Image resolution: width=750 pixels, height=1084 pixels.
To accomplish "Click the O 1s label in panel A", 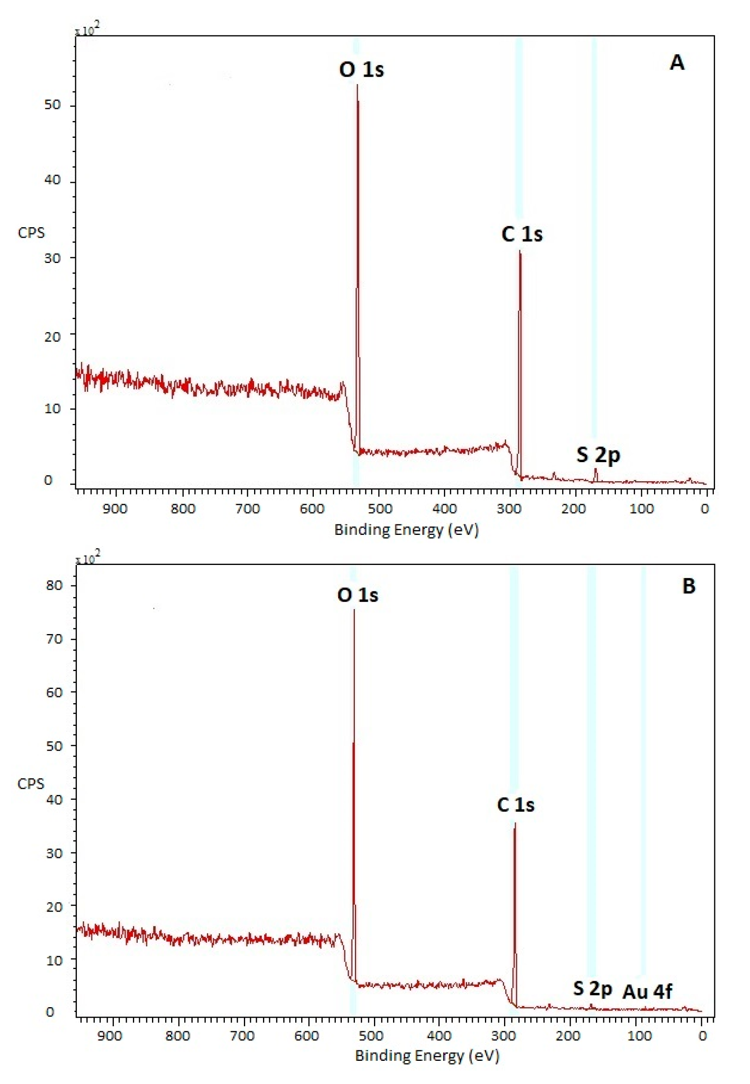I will [x=361, y=70].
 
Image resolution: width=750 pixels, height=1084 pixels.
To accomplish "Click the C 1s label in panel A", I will [x=522, y=234].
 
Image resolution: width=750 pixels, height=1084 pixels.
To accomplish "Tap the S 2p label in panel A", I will [x=598, y=455].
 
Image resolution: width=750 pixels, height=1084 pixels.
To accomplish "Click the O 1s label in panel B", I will [x=358, y=595].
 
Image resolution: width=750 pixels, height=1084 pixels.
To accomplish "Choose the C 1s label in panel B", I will [x=515, y=805].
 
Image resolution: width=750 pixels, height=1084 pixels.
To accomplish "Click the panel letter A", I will [x=677, y=63].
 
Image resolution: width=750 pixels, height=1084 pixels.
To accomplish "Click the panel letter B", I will [x=689, y=586].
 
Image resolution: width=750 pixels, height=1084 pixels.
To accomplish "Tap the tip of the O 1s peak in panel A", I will [x=357, y=85].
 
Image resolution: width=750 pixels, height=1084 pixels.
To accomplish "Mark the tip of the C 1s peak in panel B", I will [x=515, y=823].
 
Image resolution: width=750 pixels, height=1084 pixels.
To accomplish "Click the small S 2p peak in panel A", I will [x=596, y=470].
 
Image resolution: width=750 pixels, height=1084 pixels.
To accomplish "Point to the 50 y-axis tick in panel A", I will [x=52, y=105].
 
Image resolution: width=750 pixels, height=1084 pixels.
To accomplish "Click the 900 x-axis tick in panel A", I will [x=115, y=509].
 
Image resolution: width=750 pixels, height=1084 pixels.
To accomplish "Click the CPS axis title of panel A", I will [x=31, y=232].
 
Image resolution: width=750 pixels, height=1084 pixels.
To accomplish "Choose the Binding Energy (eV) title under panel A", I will [x=406, y=530].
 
